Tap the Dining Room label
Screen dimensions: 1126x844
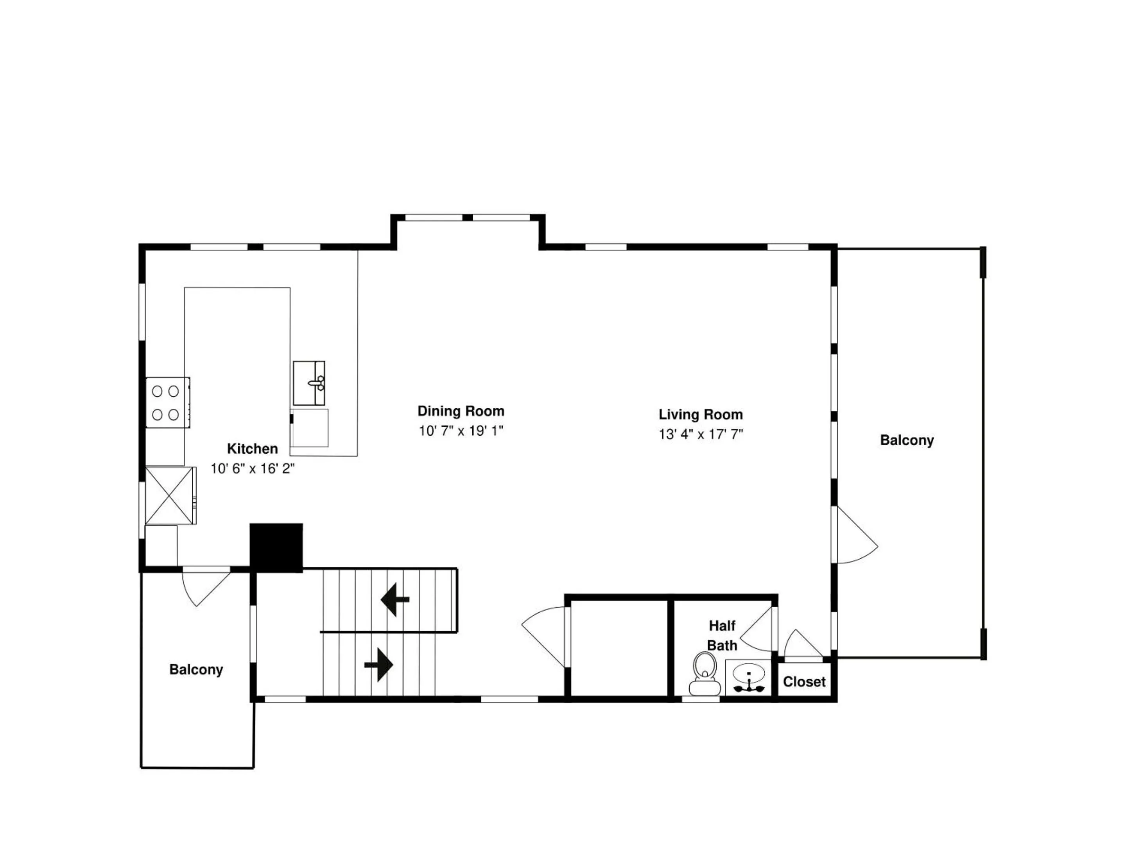[461, 411]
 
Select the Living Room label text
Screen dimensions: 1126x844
[701, 415]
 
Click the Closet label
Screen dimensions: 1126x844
[804, 682]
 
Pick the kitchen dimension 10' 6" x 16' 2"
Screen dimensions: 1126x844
[253, 468]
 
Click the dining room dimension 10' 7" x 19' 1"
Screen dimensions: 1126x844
[461, 431]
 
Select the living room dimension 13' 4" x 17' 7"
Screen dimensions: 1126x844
[701, 435]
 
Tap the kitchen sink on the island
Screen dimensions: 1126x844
[309, 383]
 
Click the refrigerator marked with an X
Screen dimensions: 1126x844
[170, 495]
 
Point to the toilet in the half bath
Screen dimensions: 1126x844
[705, 673]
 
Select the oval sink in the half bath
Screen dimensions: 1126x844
[748, 674]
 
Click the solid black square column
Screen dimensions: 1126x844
[276, 548]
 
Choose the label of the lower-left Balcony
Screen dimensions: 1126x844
[196, 669]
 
